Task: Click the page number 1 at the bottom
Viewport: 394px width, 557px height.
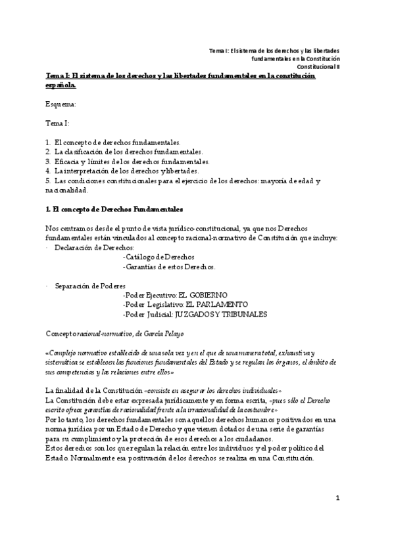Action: pos(337,516)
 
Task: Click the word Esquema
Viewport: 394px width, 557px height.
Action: pos(61,104)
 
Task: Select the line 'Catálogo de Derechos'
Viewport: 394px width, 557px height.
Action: pos(159,257)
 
